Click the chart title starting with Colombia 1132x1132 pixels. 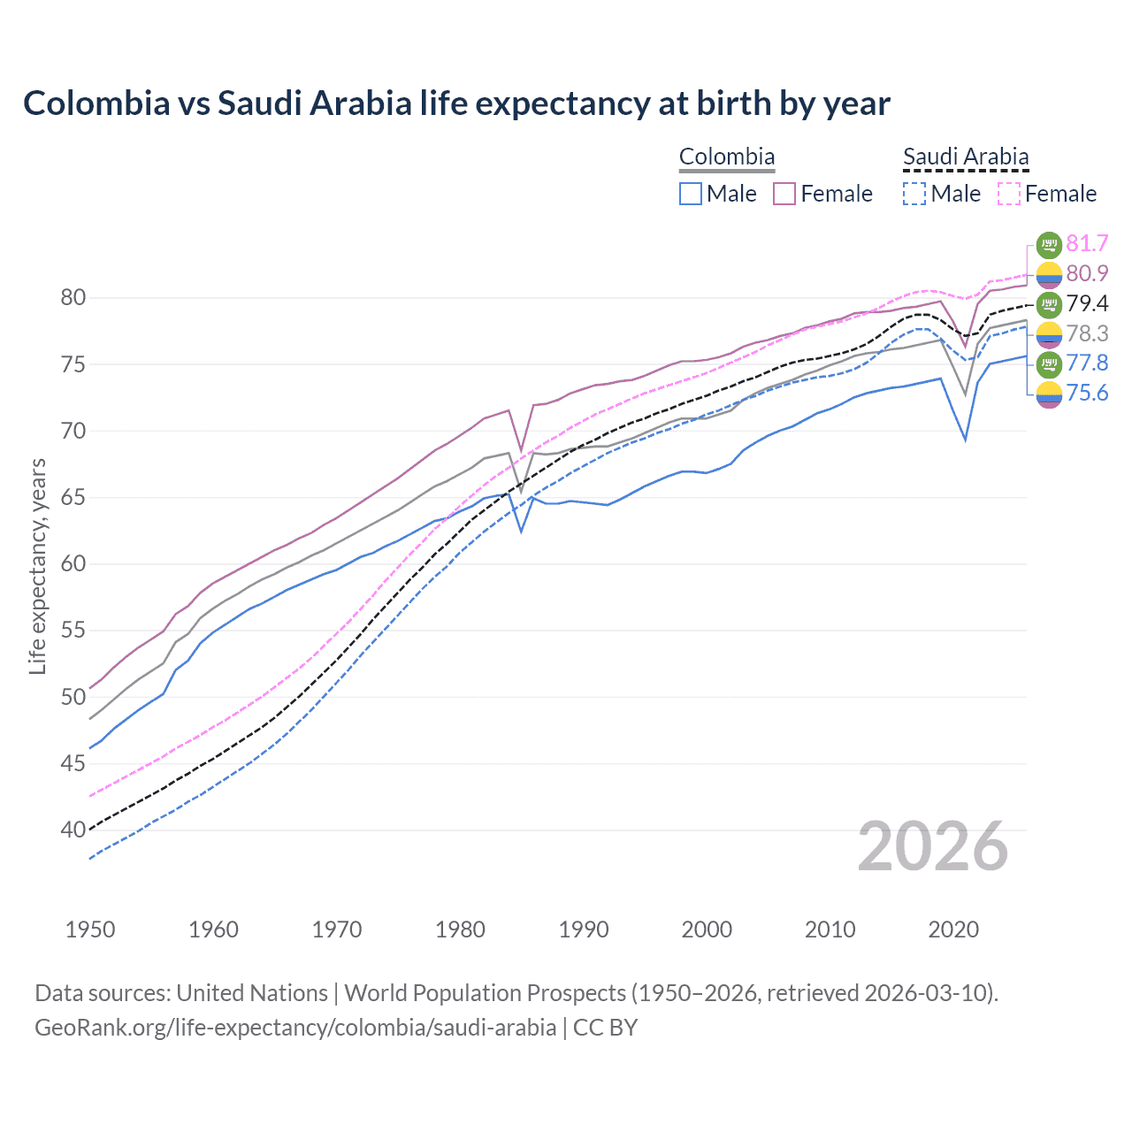point(456,103)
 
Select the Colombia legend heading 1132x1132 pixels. point(726,157)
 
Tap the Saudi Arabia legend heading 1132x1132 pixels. point(965,157)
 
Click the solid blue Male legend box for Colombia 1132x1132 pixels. point(691,194)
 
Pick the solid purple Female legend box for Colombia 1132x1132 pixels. point(785,194)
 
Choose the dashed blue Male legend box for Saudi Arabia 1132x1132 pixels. point(914,194)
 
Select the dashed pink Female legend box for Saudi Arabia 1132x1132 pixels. point(1009,194)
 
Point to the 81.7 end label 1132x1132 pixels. point(1087,243)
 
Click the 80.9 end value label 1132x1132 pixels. point(1087,273)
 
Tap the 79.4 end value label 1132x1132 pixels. point(1087,303)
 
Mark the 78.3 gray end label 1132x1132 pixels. point(1087,333)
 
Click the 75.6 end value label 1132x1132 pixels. point(1087,393)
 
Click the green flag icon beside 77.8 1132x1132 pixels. point(1049,363)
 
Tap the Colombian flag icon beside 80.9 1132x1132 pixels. point(1049,274)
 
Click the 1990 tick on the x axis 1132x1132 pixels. point(584,929)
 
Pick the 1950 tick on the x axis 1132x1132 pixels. point(90,929)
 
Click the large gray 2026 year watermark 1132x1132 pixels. point(932,846)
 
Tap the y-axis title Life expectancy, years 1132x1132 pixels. point(37,566)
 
